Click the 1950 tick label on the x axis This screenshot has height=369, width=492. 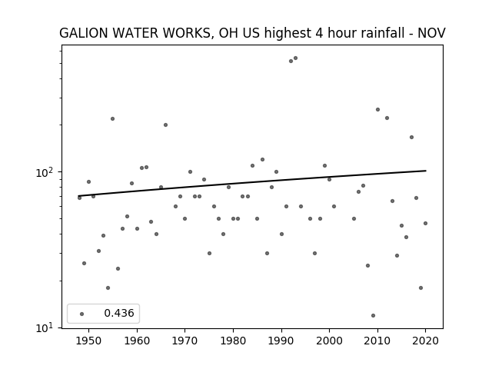coord(89,341)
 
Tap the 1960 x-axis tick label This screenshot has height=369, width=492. coord(137,341)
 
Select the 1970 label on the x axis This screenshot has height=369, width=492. coord(185,341)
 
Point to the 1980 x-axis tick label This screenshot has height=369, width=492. coord(233,341)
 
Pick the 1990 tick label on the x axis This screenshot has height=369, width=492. coord(281,341)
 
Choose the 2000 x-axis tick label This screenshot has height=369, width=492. coord(330,341)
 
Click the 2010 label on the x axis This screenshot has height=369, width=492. coord(377,341)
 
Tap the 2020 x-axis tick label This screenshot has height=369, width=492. coord(425,341)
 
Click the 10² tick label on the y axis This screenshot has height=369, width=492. coord(45,172)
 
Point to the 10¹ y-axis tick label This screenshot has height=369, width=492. coord(45,328)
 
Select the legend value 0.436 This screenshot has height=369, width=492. coord(119,313)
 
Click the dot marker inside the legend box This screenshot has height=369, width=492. coord(82,314)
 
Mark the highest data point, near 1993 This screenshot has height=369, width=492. coord(295,58)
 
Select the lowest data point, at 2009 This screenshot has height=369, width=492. coord(373,316)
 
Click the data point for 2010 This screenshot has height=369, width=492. coord(377,109)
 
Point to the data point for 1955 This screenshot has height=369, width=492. coord(113,118)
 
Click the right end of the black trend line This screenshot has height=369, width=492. coord(426,171)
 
